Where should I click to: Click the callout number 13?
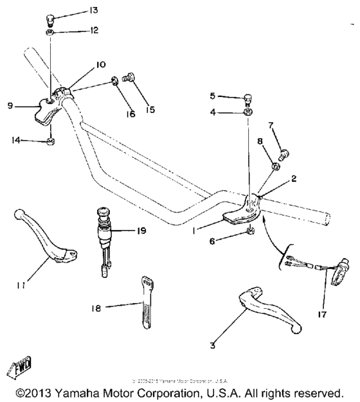[94, 10]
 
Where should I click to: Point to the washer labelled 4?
[248, 113]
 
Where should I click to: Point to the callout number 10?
[101, 65]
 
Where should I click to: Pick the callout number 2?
[292, 180]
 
